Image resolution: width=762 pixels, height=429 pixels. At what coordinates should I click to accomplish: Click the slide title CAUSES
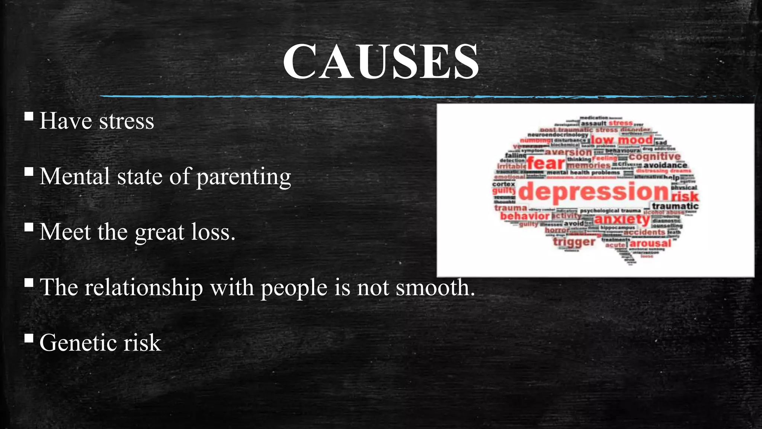pyautogui.click(x=381, y=61)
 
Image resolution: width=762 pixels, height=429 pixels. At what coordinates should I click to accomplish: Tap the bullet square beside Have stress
pyautogui.click(x=29, y=117)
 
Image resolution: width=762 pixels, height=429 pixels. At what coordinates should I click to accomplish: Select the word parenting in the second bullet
pyautogui.click(x=243, y=177)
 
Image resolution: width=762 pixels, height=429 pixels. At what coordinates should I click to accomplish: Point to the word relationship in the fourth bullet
pyautogui.click(x=144, y=288)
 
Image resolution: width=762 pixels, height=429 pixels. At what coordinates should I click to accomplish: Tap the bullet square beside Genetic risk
pyautogui.click(x=29, y=338)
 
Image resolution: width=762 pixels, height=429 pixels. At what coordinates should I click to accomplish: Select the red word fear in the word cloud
pyautogui.click(x=546, y=163)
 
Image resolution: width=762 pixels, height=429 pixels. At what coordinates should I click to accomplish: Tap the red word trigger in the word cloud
pyautogui.click(x=574, y=242)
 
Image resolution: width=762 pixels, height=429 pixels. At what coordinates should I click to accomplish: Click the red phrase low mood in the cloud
pyautogui.click(x=622, y=140)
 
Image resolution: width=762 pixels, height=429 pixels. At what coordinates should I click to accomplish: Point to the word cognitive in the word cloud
pyautogui.click(x=655, y=156)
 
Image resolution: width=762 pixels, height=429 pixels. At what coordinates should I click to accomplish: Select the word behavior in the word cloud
pyautogui.click(x=525, y=216)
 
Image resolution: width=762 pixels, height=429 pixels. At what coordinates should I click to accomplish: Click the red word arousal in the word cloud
pyautogui.click(x=650, y=244)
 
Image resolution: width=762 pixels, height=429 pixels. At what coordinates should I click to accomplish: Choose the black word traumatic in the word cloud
pyautogui.click(x=675, y=206)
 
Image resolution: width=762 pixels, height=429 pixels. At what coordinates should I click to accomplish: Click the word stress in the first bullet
pyautogui.click(x=127, y=121)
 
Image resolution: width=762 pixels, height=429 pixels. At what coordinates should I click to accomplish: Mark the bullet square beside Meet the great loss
pyautogui.click(x=29, y=227)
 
